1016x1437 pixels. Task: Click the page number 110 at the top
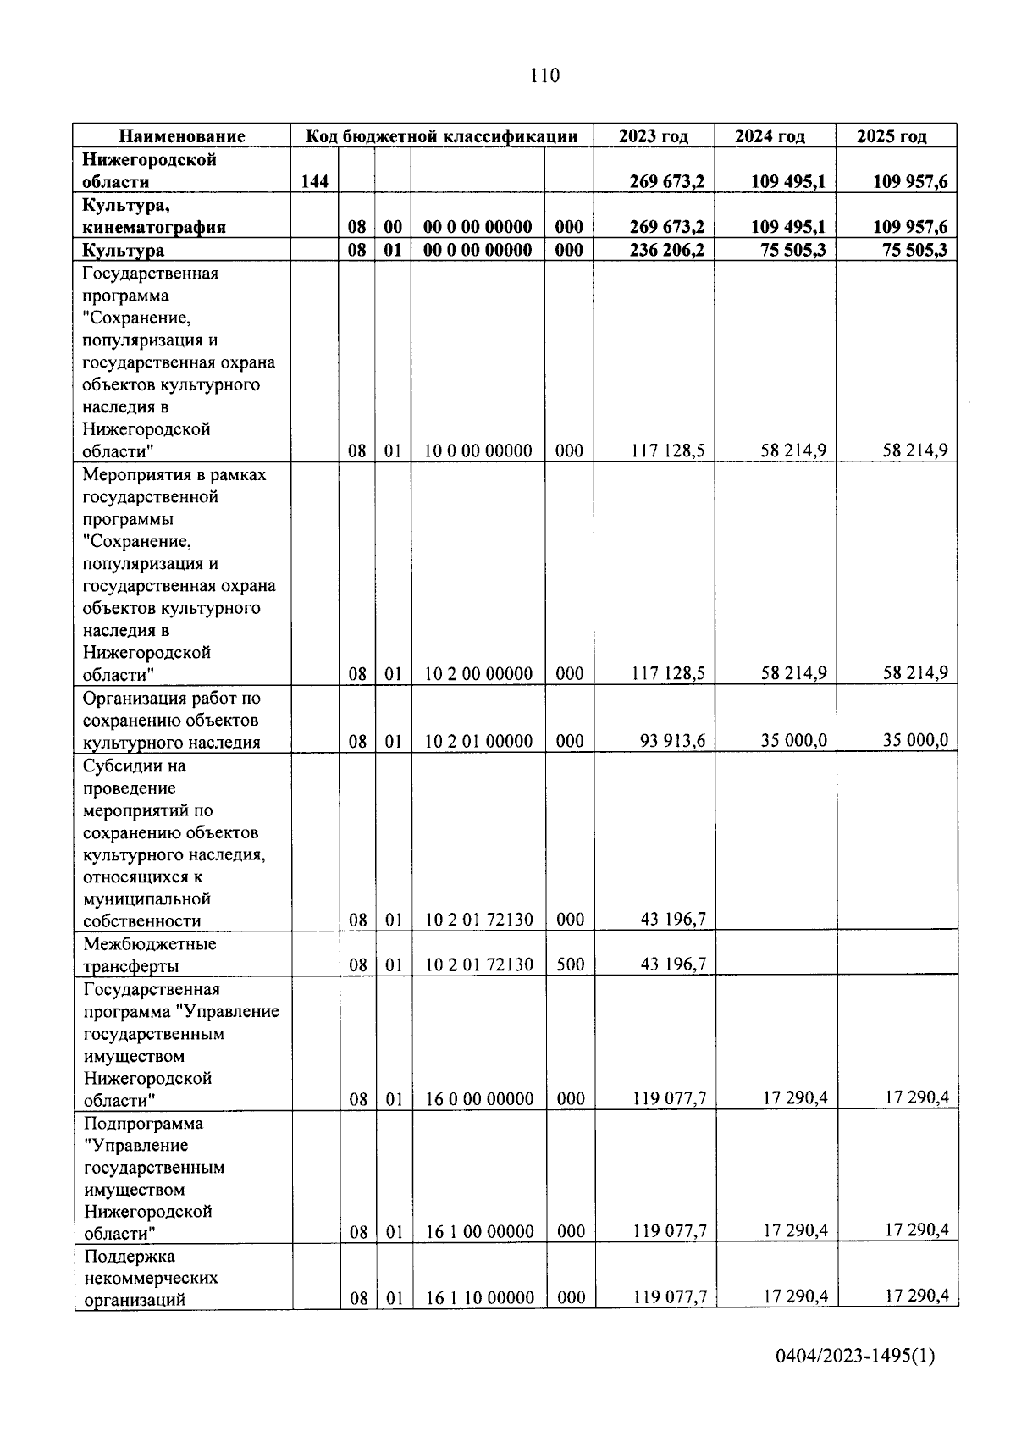click(x=544, y=75)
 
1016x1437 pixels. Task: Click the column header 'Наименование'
click(x=181, y=136)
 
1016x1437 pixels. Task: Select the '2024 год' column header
click(x=770, y=136)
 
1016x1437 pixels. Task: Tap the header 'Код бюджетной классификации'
click(x=441, y=136)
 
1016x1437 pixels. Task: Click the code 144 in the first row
click(x=314, y=181)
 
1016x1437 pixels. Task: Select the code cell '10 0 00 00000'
click(x=478, y=450)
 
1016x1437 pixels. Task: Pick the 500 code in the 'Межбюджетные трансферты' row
click(x=570, y=964)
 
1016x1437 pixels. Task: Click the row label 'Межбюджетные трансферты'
click(x=149, y=954)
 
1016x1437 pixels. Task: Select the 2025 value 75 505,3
click(x=913, y=250)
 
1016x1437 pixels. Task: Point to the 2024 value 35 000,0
click(x=792, y=741)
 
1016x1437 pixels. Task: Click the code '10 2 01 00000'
click(x=478, y=742)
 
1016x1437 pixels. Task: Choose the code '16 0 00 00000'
click(x=479, y=1099)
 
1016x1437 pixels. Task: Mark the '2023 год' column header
click(x=653, y=136)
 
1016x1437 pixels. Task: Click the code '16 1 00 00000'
click(x=479, y=1232)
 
